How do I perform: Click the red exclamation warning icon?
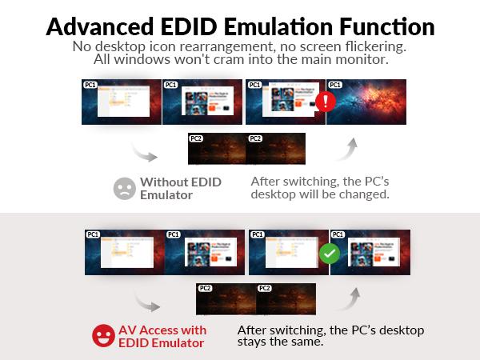[325, 102]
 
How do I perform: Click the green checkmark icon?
[328, 253]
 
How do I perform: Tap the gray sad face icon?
[124, 188]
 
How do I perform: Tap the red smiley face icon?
[103, 335]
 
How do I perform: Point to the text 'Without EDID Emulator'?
[180, 188]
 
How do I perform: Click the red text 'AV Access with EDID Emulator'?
[162, 336]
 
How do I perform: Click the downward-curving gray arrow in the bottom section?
[146, 301]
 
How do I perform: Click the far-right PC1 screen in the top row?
[367, 102]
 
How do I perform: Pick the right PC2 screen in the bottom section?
[286, 299]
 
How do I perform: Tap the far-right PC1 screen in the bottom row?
[370, 253]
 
